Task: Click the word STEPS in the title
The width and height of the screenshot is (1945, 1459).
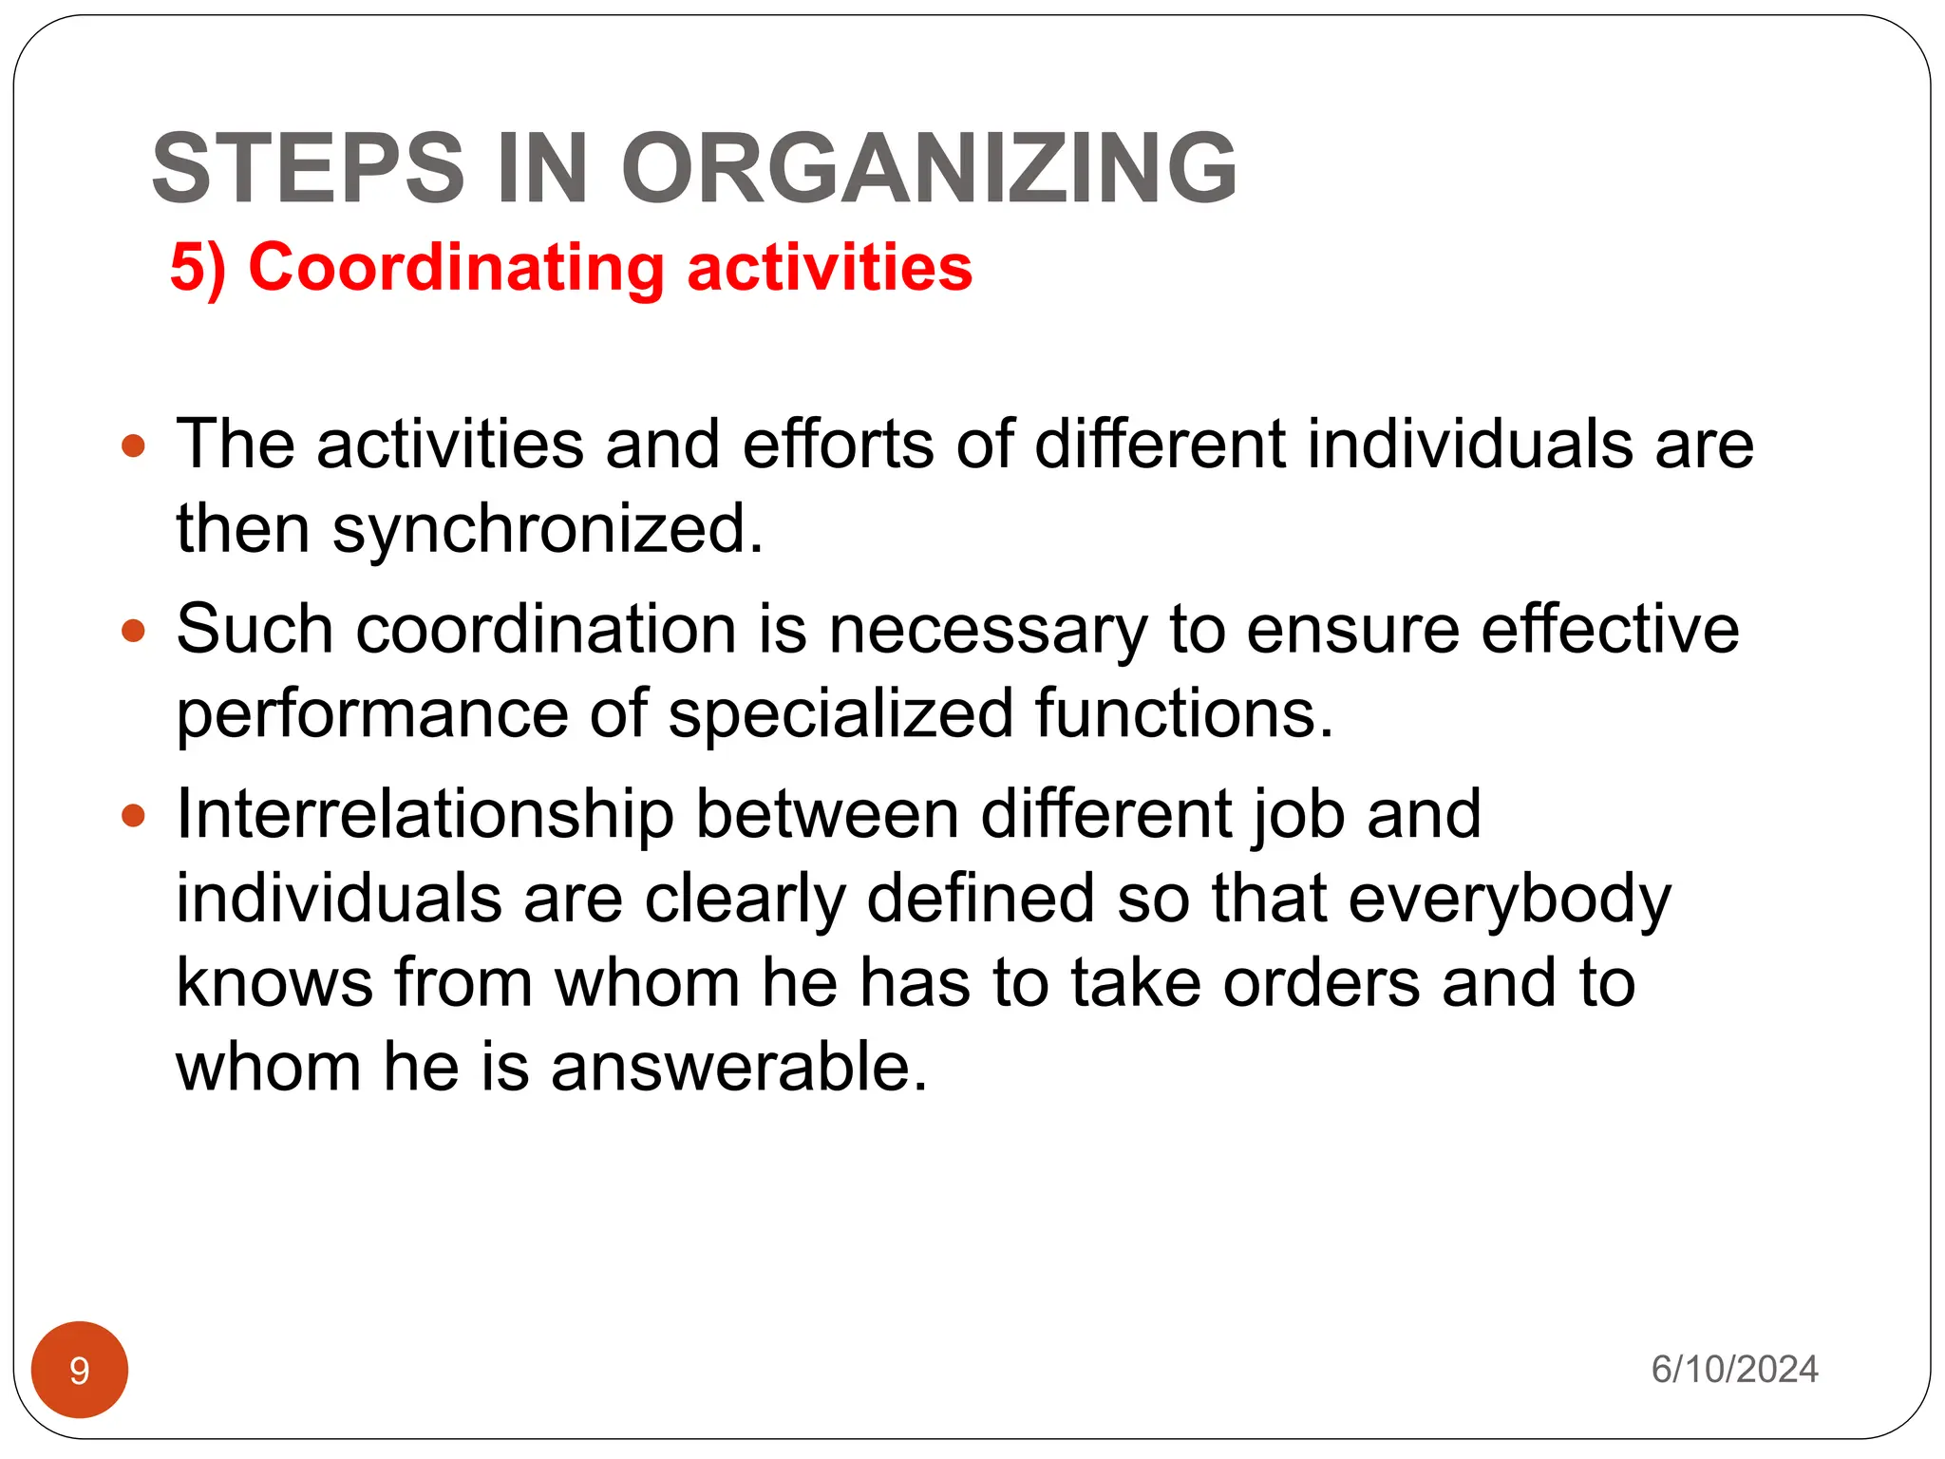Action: click(x=308, y=168)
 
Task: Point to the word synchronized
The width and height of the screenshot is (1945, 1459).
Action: click(x=547, y=530)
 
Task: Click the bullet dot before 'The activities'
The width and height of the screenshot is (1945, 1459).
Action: click(x=134, y=445)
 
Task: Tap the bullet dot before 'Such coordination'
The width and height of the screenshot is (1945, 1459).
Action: click(x=134, y=631)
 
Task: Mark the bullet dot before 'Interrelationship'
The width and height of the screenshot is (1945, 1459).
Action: click(x=134, y=815)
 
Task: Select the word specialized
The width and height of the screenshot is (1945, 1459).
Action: click(x=840, y=714)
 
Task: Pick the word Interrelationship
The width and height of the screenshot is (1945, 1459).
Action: click(x=425, y=815)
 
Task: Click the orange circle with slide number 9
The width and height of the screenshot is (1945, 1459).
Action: click(x=80, y=1370)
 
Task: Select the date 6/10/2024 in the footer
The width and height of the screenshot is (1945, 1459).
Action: click(x=1734, y=1370)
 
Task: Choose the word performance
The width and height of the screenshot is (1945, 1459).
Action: click(x=371, y=714)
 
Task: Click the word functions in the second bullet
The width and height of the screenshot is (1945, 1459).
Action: click(x=1184, y=714)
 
